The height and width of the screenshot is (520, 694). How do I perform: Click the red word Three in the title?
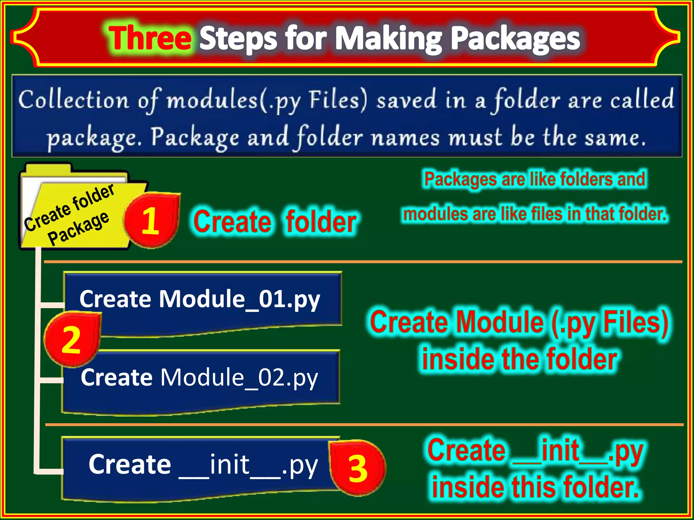point(150,38)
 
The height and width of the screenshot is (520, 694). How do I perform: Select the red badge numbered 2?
point(72,340)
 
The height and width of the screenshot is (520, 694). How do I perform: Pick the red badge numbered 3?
point(358,469)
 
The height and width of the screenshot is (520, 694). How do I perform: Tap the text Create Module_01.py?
point(200,299)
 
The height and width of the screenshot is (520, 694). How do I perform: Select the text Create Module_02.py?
point(200,377)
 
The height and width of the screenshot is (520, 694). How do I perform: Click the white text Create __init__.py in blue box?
point(203,464)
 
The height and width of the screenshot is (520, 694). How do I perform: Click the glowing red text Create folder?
point(274,222)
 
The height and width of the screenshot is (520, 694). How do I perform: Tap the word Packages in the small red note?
point(461,179)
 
